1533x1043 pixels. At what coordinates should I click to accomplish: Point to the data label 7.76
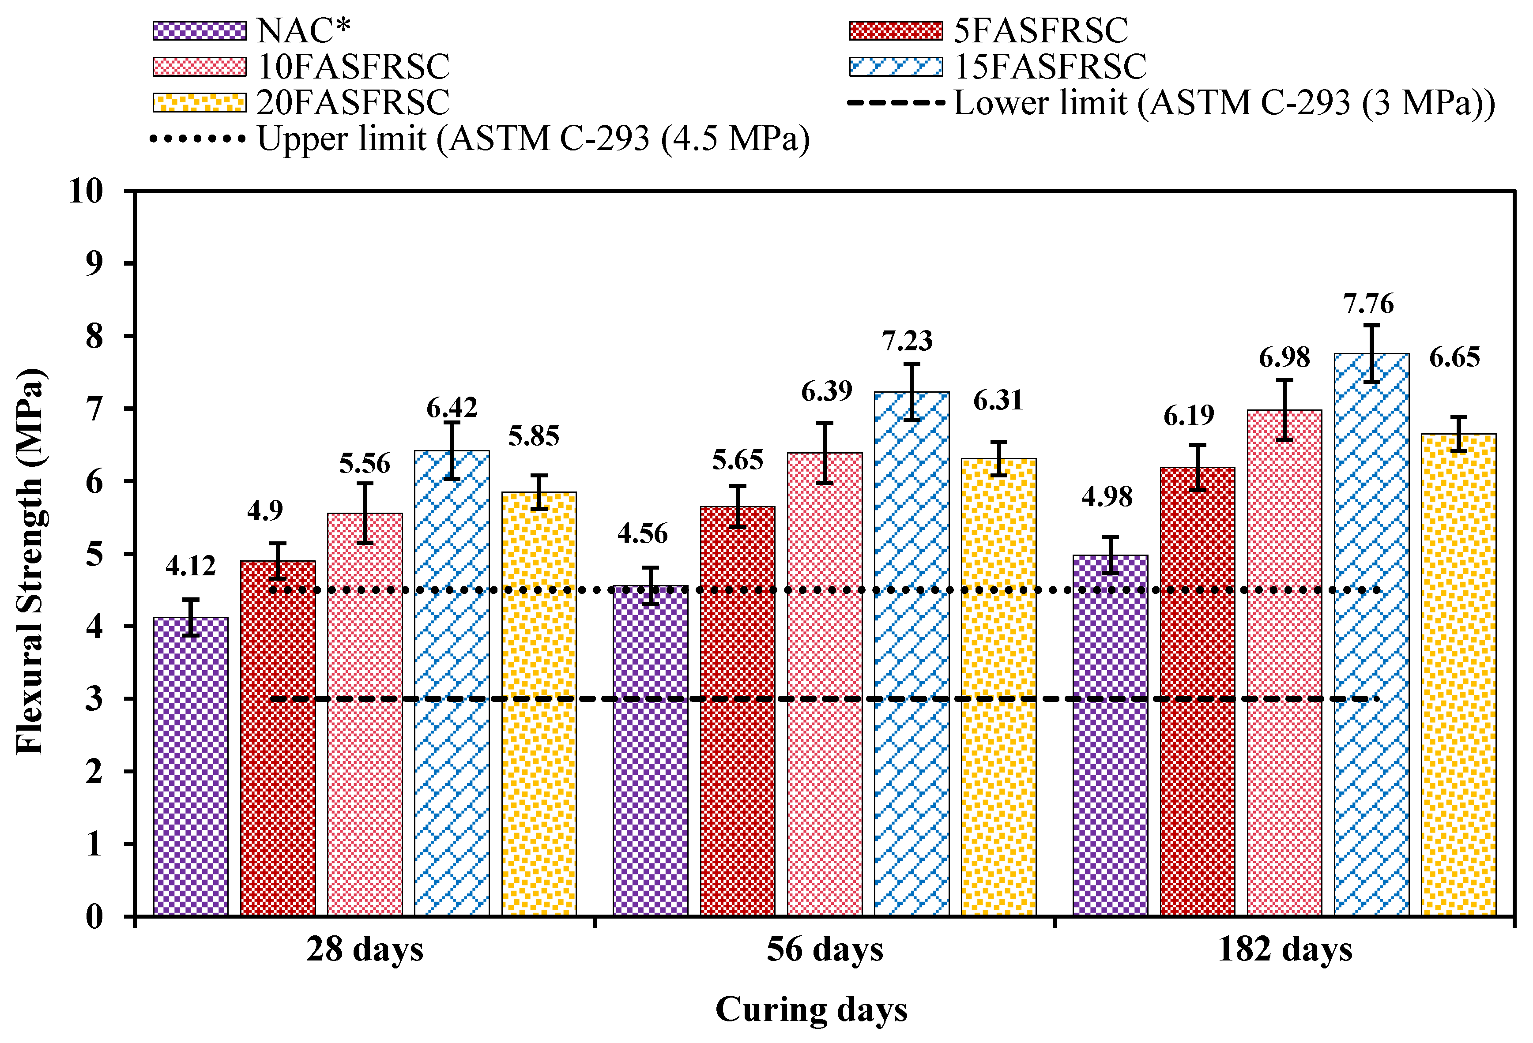(1369, 304)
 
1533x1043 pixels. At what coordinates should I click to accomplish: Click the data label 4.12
(191, 566)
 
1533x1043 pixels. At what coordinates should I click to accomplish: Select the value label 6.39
(826, 392)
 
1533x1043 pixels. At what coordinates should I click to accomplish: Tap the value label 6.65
(1454, 357)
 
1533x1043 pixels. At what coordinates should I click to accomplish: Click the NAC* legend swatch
(199, 31)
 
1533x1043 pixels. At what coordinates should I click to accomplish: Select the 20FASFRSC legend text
(353, 102)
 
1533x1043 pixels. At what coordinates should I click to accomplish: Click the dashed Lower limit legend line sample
(896, 103)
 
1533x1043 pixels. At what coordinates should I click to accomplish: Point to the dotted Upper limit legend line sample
(198, 139)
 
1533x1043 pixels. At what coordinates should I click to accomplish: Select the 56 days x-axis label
(825, 950)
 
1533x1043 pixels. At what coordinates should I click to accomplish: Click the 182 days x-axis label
(1284, 950)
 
